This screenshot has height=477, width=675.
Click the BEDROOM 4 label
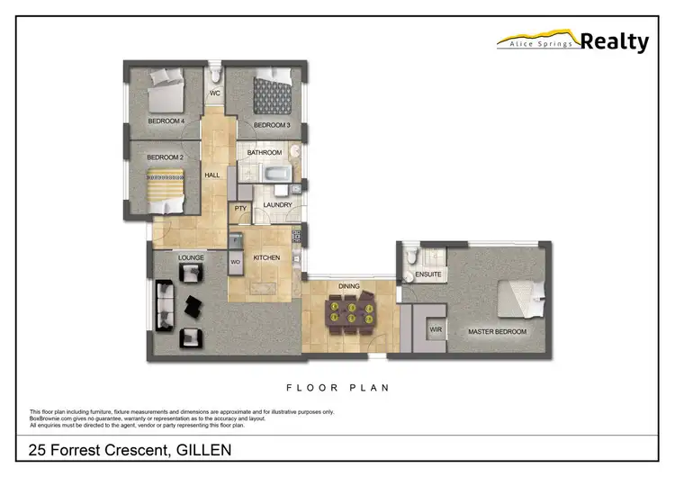point(166,121)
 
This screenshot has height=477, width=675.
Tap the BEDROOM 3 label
point(271,125)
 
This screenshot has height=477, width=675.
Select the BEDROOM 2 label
point(166,157)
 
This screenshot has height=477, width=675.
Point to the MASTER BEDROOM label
point(497,332)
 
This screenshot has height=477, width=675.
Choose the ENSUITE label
point(427,275)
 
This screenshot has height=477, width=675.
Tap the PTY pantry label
point(240,208)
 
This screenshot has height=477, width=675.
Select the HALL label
point(212,175)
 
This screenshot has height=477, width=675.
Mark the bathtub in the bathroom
point(265,173)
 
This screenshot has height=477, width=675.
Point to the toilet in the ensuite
point(410,258)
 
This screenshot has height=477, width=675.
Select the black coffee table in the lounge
point(194,307)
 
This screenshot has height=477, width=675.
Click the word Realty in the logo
point(615,41)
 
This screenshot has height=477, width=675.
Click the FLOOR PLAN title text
point(337,389)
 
